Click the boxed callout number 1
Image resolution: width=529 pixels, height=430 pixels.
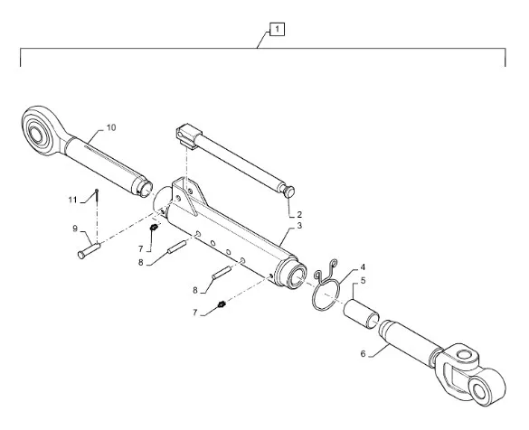point(277,29)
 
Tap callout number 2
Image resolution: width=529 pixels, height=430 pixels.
point(299,214)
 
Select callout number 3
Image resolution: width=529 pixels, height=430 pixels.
point(299,226)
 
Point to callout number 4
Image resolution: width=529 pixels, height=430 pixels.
point(363,267)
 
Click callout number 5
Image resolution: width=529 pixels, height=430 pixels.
point(363,280)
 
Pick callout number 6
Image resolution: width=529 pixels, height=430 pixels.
point(363,354)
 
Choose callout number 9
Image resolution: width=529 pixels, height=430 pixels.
point(75,229)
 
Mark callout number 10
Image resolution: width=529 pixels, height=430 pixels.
point(111,127)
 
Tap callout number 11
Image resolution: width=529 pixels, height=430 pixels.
point(73,200)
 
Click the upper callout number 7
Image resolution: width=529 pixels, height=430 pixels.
point(141,249)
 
